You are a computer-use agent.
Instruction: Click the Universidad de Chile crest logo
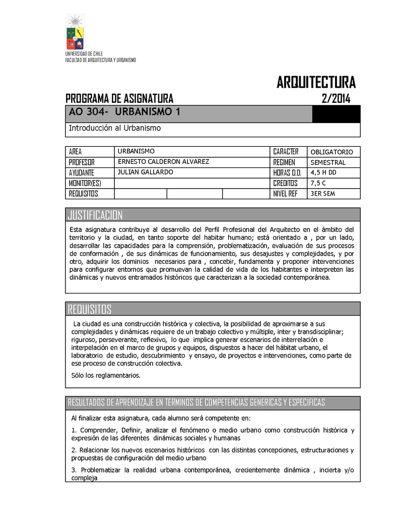[76, 32]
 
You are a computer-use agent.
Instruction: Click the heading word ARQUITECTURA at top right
[316, 82]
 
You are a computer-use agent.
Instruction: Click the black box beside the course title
[336, 114]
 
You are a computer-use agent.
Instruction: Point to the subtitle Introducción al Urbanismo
[114, 129]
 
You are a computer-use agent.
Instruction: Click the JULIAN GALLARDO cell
[145, 172]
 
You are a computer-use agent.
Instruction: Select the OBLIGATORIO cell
[331, 152]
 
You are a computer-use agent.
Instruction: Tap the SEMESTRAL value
[328, 162]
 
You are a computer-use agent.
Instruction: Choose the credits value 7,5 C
[318, 183]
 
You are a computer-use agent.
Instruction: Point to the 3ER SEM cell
[323, 194]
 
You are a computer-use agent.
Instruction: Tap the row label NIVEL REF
[286, 194]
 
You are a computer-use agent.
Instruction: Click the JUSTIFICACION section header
[95, 216]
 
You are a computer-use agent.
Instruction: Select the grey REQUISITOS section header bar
[213, 309]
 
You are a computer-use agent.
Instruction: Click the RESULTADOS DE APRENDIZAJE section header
[196, 402]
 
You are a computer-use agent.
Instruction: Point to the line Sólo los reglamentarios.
[106, 375]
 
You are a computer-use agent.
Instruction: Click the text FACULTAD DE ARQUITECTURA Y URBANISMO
[101, 60]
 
